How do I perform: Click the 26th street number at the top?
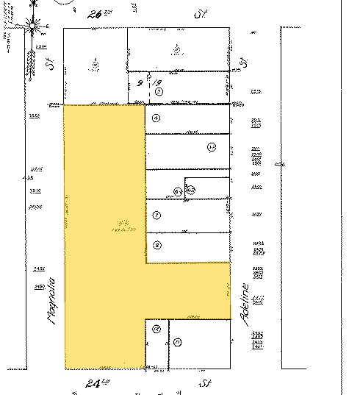point(96,13)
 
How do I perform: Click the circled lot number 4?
point(156,118)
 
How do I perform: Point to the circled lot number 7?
point(156,216)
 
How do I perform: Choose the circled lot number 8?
point(156,245)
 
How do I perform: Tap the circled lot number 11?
point(178,342)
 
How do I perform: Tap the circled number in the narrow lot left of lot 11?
point(156,330)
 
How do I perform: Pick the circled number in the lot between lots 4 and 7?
point(212,147)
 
